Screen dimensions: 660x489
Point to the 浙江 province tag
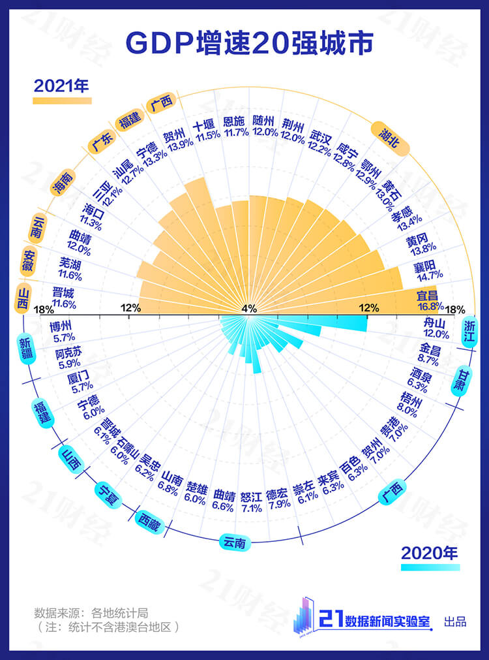469,331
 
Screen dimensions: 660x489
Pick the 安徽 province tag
29,260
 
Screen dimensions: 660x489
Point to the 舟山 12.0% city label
437,328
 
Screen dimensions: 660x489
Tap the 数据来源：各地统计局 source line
91,613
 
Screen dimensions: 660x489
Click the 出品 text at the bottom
454,621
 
